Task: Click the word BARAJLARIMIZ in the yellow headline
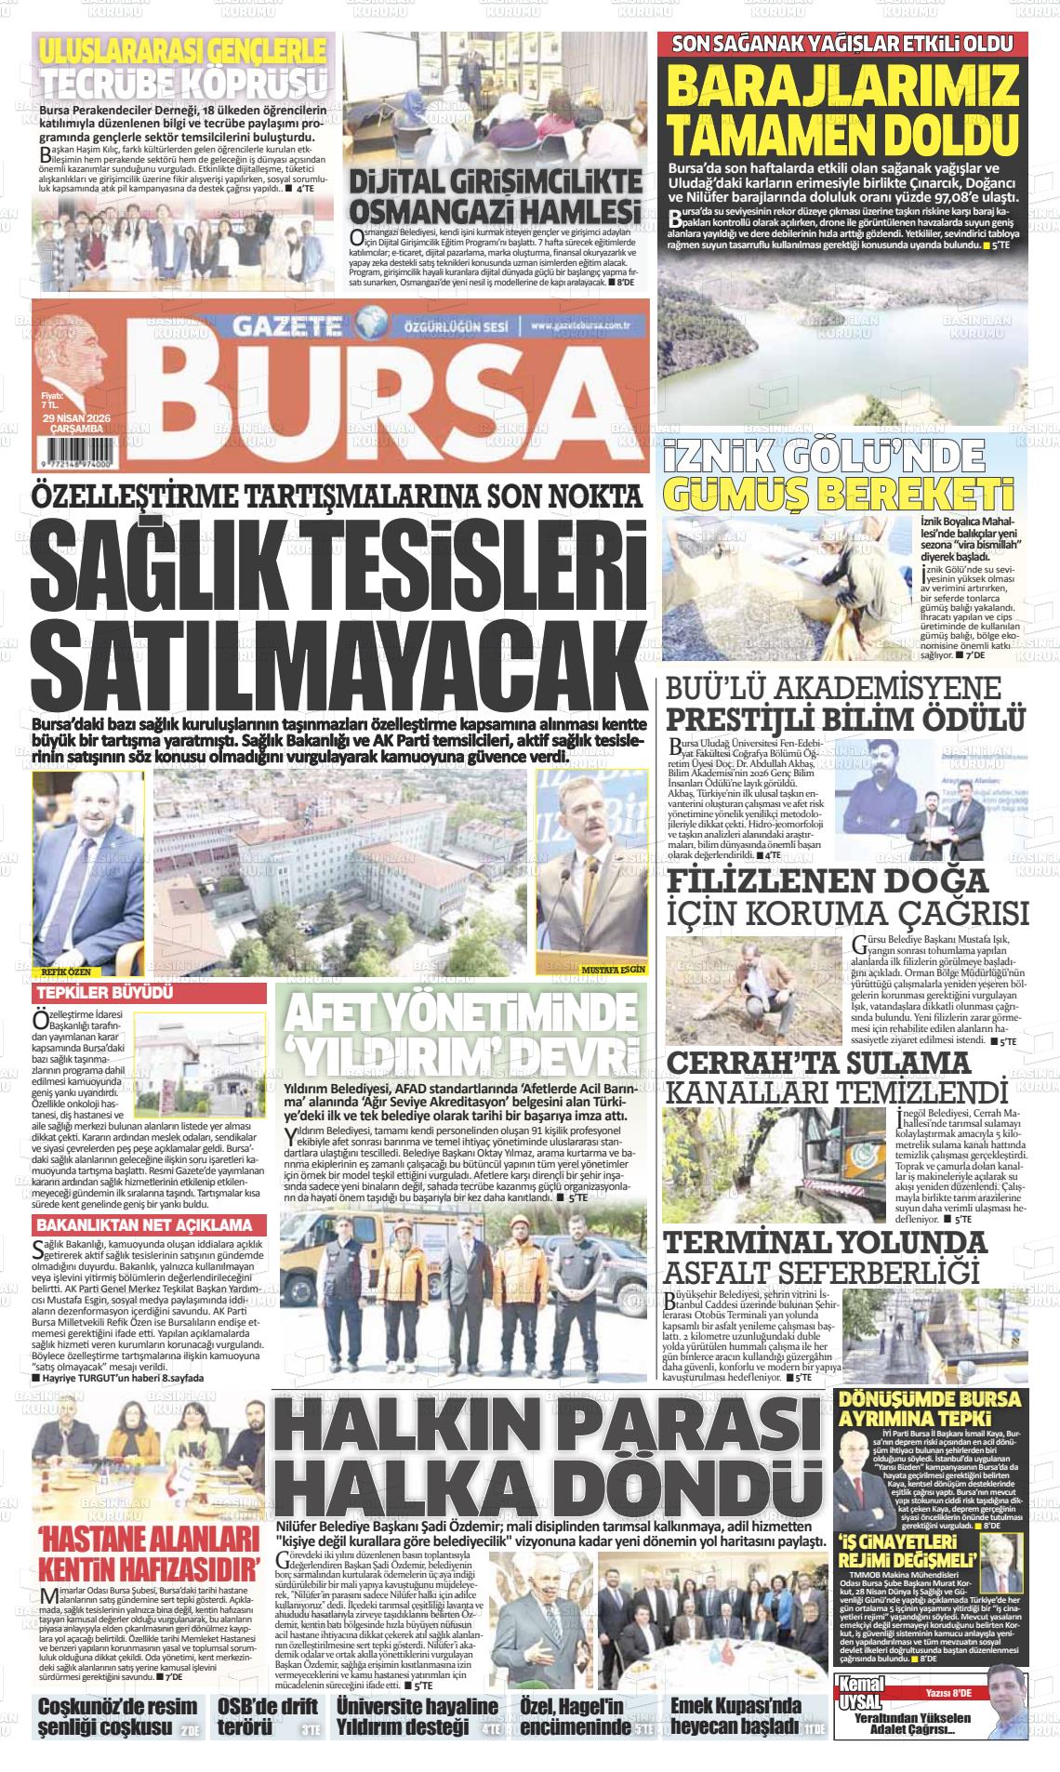pos(843,88)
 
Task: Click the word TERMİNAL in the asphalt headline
pos(749,1242)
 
